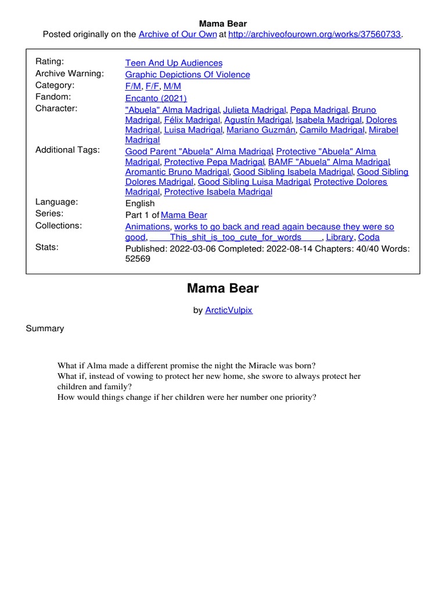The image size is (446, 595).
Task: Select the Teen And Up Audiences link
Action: click(174, 63)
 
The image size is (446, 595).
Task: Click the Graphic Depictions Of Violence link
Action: click(188, 74)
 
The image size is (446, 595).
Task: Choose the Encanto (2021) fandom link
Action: click(156, 98)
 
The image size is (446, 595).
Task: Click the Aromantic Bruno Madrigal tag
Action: click(178, 172)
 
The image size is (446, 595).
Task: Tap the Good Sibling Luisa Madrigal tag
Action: click(254, 182)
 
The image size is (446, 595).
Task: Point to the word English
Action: click(140, 203)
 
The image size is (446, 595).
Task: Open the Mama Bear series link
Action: click(184, 215)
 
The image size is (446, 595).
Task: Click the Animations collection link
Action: click(148, 227)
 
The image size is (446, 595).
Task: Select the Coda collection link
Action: click(369, 237)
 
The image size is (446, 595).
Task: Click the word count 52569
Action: click(138, 259)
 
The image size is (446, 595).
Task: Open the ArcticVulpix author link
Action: click(229, 310)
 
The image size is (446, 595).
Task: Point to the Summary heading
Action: click(45, 328)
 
